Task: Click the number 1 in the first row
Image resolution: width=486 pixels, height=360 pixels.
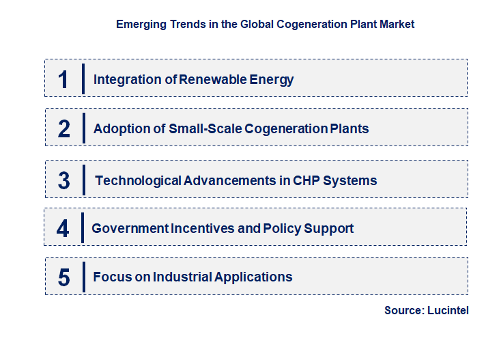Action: coord(63,79)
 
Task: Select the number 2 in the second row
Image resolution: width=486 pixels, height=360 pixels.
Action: coord(64,128)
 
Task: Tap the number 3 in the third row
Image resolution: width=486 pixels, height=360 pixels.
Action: coord(64,181)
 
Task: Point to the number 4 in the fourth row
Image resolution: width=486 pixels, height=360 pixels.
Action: coord(63,228)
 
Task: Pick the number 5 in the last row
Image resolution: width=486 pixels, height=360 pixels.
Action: coord(64,277)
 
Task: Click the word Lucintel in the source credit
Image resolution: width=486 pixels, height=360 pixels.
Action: coord(450,310)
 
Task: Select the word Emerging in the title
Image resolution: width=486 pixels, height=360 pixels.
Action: coord(141,24)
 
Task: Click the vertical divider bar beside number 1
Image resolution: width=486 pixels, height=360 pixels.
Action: coord(83,79)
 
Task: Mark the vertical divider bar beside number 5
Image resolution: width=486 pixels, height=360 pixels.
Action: coord(83,277)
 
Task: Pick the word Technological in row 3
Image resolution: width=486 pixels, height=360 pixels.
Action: coord(138,181)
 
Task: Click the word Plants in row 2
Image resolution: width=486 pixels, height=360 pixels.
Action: coord(349,128)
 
